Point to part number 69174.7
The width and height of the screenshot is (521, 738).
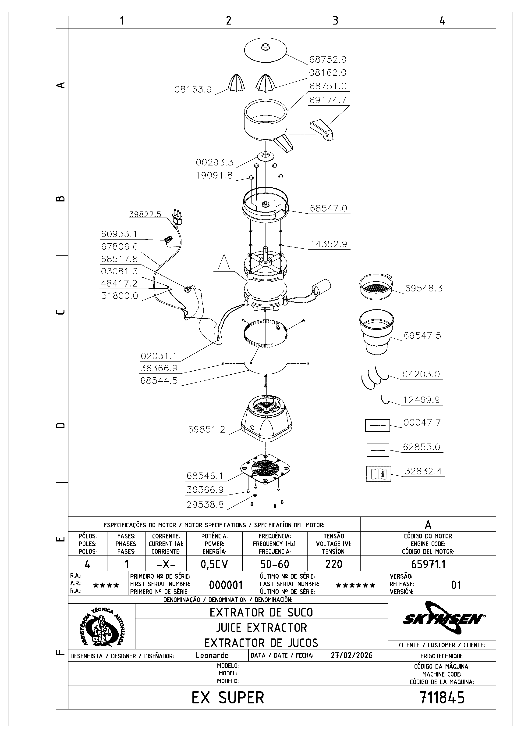[x=328, y=100]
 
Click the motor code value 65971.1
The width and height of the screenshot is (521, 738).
[x=428, y=564]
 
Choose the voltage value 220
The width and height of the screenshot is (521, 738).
[x=333, y=564]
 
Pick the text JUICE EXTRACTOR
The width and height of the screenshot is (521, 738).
[x=262, y=627]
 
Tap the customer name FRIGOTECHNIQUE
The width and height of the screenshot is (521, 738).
[x=442, y=656]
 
